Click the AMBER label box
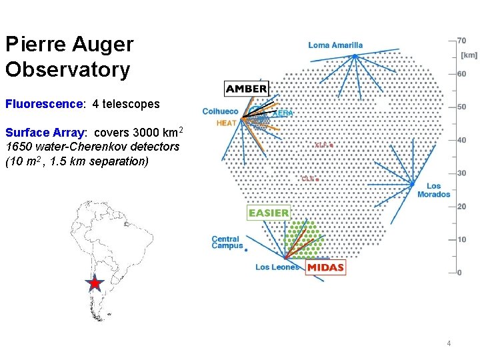tap(247, 89)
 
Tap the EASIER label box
tap(269, 213)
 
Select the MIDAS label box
tap(326, 267)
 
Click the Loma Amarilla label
tap(335, 45)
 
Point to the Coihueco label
tap(220, 111)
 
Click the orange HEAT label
tap(226, 123)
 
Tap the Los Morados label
tap(433, 190)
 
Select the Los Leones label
tap(277, 267)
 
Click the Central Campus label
tap(226, 243)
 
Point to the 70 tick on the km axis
tap(461, 40)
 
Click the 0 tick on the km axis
tap(459, 273)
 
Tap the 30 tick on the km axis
tap(461, 173)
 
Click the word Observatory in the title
tap(67, 69)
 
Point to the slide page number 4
tap(449, 343)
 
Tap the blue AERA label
tap(283, 113)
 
